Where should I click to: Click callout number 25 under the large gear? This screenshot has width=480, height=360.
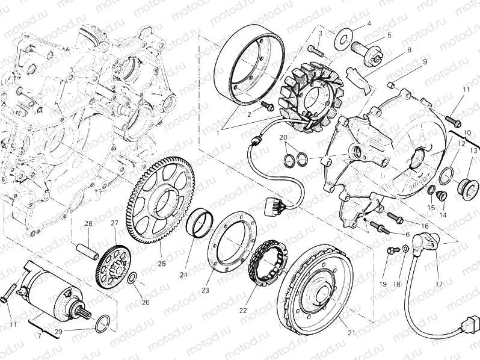coord(161,263)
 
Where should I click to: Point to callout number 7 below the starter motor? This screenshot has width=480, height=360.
coord(39,335)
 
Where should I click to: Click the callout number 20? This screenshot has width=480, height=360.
coord(283,138)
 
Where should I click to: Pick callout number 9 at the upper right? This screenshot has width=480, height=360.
coord(424,61)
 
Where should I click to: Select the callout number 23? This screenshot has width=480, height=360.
coord(205,290)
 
